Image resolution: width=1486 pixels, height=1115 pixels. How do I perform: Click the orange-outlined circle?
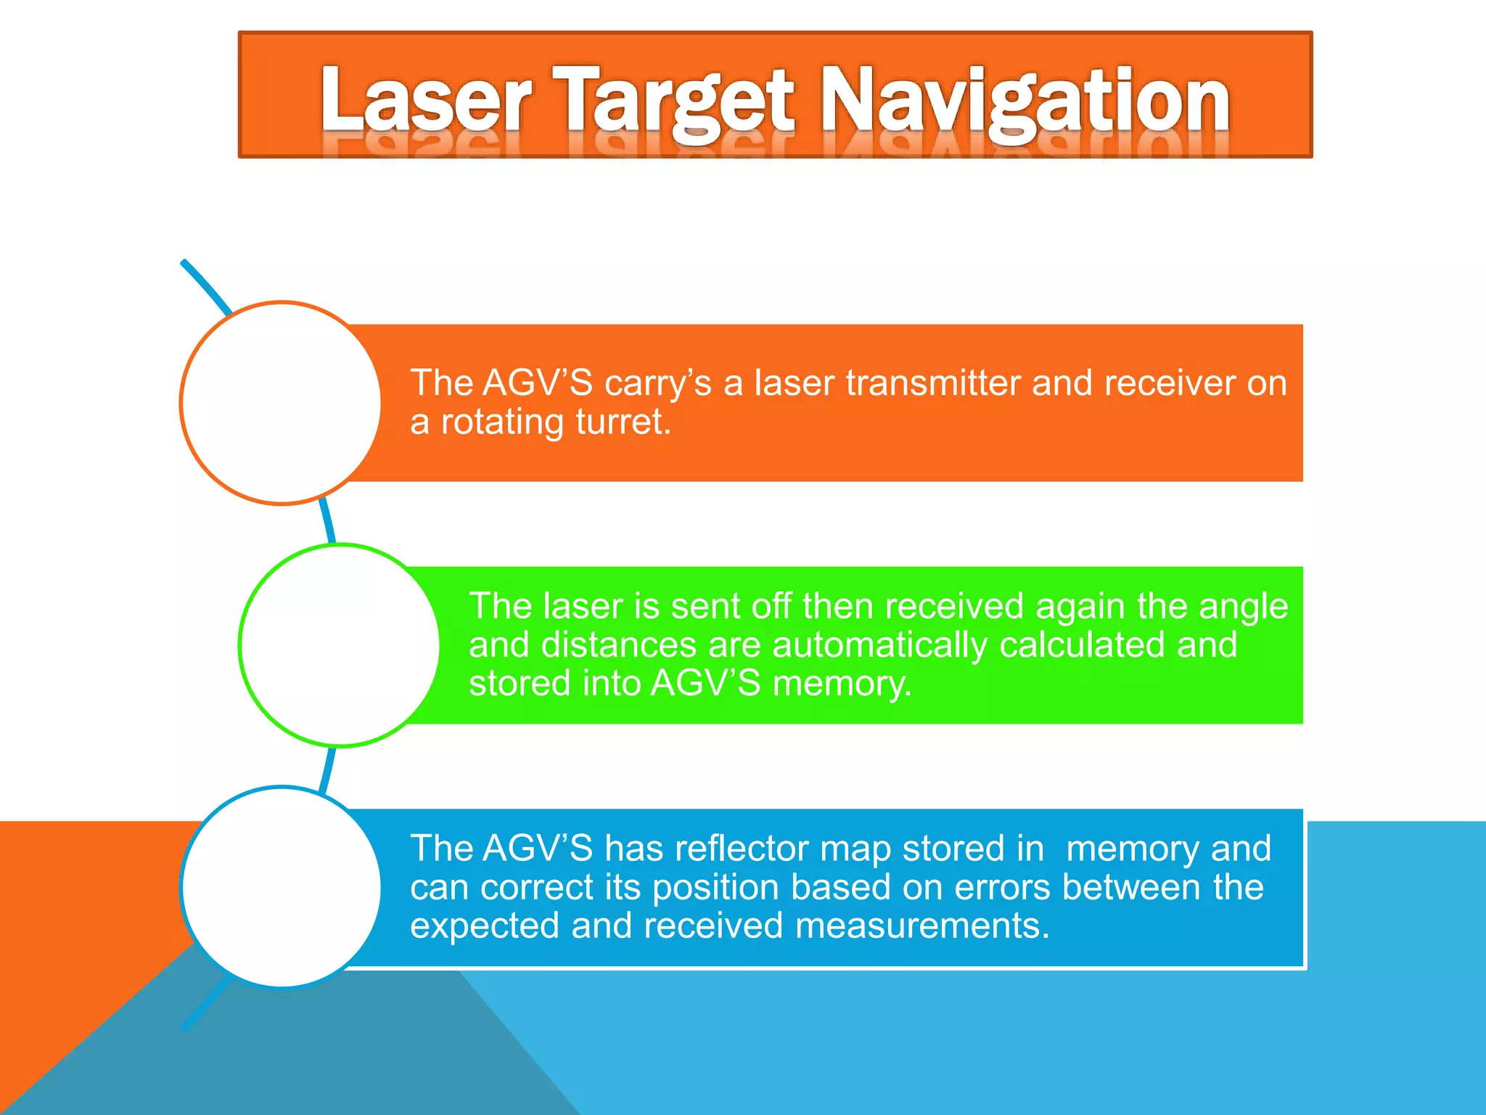pos(282,403)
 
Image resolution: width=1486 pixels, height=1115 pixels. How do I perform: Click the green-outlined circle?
pos(340,645)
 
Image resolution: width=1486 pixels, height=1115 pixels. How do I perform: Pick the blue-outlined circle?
pos(282,887)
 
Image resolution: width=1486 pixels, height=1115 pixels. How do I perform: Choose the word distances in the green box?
pos(619,645)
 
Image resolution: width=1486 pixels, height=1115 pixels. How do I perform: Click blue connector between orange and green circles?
pos(328,522)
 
